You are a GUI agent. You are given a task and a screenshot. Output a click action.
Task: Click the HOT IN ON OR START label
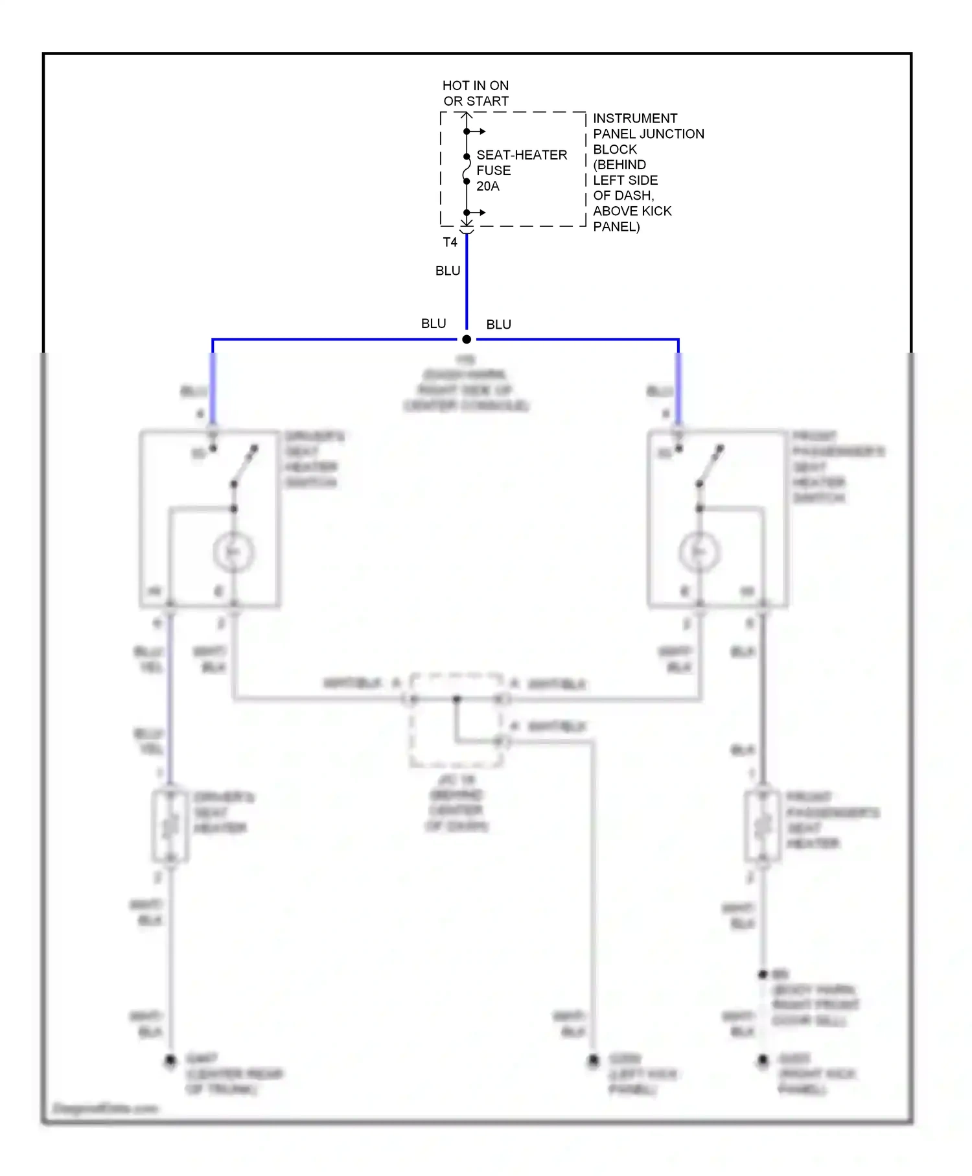(475, 93)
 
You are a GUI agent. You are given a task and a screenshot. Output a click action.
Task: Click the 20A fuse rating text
(487, 186)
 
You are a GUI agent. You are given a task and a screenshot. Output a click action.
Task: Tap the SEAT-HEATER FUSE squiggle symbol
(466, 169)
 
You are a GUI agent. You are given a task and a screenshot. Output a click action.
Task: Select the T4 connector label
(450, 242)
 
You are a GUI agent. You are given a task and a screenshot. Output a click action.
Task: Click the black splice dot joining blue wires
(467, 339)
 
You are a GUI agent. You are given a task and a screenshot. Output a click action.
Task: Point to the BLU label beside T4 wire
(447, 271)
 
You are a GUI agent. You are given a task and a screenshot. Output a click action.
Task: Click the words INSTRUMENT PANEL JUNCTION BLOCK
(647, 134)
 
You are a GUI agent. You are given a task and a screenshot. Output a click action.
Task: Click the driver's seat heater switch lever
(244, 465)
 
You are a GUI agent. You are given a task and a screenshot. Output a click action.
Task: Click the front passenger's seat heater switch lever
(710, 465)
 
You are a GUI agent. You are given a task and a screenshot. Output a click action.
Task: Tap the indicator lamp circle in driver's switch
(233, 552)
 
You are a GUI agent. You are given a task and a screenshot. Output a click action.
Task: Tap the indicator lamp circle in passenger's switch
(699, 552)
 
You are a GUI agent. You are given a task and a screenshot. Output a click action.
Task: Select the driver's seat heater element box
(170, 827)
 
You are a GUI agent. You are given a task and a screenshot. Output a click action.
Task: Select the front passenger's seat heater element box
(763, 827)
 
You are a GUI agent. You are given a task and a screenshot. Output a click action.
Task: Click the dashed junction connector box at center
(456, 720)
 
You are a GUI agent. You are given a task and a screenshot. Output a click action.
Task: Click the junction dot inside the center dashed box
(456, 699)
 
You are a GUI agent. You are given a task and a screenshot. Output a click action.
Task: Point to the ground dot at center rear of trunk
(170, 1061)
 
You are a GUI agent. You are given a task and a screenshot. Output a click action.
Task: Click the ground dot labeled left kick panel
(593, 1061)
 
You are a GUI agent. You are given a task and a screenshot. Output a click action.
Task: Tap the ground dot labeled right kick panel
(763, 1061)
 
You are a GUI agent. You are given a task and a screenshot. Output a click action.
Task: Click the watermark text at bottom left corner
(105, 1109)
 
